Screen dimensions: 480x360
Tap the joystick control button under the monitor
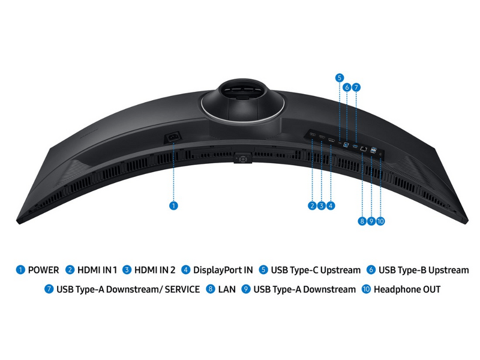point(243,158)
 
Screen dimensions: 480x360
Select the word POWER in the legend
point(43,270)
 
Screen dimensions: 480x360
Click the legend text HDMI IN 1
point(97,270)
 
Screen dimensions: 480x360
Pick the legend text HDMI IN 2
point(155,270)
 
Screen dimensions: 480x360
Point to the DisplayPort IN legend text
point(223,270)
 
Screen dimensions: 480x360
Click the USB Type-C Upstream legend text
point(316,270)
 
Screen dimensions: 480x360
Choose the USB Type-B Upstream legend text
point(424,270)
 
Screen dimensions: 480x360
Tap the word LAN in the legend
point(227,289)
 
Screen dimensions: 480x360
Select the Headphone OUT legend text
point(407,289)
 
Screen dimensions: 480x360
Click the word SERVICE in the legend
point(182,289)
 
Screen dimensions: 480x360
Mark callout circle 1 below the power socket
point(173,206)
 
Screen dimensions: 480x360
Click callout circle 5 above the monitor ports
point(339,78)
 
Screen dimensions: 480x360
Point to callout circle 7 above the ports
point(356,88)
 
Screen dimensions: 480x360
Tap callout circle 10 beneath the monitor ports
point(380,221)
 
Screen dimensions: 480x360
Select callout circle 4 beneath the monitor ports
point(331,206)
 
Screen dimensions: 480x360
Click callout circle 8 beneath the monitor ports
point(362,221)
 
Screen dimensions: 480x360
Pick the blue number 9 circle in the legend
point(246,289)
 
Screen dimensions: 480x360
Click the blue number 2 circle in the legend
point(70,269)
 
